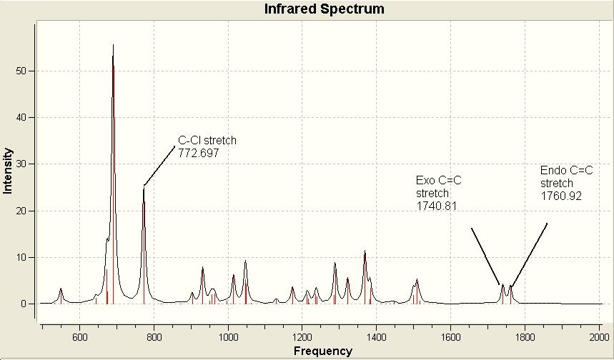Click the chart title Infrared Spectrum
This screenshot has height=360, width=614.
tap(325, 9)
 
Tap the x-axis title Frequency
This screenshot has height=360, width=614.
tap(323, 351)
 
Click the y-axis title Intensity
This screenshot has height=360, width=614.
tap(8, 171)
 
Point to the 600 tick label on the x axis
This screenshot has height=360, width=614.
tap(79, 337)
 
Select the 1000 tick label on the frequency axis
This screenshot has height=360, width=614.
tap(228, 337)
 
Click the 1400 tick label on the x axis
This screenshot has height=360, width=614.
tap(376, 337)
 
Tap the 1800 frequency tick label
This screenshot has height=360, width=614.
tap(525, 337)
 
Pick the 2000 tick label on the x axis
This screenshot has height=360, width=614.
tap(599, 337)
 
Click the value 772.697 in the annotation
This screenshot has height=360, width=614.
tap(199, 153)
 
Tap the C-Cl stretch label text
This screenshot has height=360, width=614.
tap(207, 140)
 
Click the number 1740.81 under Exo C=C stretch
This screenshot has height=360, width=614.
tap(436, 206)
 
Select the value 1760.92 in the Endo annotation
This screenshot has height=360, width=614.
tap(561, 196)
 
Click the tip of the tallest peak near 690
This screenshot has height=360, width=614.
tap(113, 44)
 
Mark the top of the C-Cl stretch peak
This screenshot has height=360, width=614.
tap(144, 188)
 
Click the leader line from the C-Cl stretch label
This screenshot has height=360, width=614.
tap(159, 166)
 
